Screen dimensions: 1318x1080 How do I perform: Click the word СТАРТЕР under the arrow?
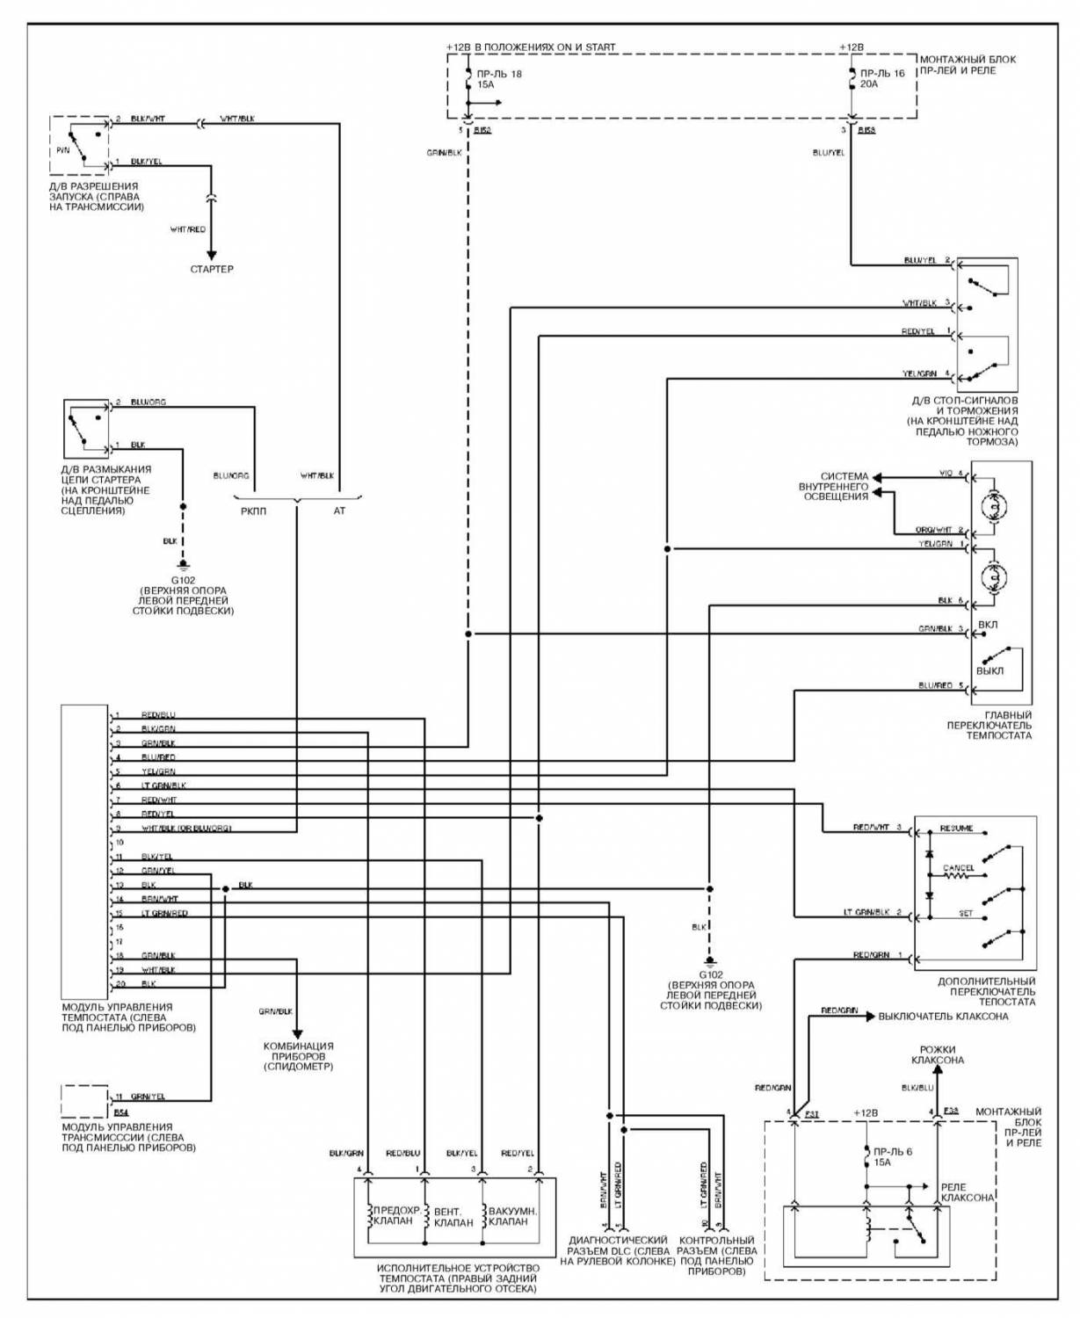pyautogui.click(x=212, y=269)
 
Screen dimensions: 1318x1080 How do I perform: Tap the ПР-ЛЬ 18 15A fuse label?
pyautogui.click(x=499, y=80)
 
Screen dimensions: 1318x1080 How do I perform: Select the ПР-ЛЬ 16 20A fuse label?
pyautogui.click(x=881, y=79)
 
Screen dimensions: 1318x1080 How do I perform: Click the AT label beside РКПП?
pyautogui.click(x=339, y=511)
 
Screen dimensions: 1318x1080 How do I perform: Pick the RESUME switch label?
pyautogui.click(x=956, y=829)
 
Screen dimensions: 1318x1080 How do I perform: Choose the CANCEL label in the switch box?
pyautogui.click(x=958, y=868)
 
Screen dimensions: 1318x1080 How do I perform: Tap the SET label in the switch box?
pyautogui.click(x=966, y=914)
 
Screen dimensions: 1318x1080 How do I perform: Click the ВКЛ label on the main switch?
pyautogui.click(x=987, y=625)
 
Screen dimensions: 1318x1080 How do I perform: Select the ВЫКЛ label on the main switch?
pyautogui.click(x=989, y=671)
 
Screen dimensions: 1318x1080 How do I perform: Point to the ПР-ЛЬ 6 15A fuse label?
pyautogui.click(x=892, y=1156)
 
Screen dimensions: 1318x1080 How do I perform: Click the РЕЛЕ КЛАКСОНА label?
pyautogui.click(x=967, y=1192)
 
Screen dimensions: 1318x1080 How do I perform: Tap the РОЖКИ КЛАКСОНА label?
pyautogui.click(x=937, y=1055)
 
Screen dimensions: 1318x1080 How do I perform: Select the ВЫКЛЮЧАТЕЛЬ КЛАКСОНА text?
pyautogui.click(x=943, y=1017)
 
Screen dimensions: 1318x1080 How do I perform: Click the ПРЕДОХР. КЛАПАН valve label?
pyautogui.click(x=393, y=1215)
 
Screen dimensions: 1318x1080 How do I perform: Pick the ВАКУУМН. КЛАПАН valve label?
pyautogui.click(x=512, y=1216)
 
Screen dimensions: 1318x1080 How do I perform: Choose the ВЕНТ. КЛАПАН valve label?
pyautogui.click(x=453, y=1217)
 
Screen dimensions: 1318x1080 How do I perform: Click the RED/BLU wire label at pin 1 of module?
pyautogui.click(x=158, y=715)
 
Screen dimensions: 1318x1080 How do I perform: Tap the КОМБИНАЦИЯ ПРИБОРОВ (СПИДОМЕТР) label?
pyautogui.click(x=298, y=1056)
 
